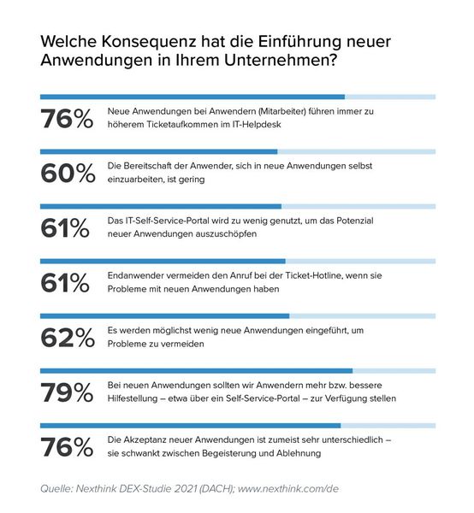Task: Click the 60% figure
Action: (66, 173)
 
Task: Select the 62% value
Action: (66, 337)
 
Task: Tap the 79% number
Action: (66, 392)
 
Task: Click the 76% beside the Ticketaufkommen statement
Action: (66, 118)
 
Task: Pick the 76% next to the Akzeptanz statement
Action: (66, 446)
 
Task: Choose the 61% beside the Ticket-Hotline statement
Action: (66, 282)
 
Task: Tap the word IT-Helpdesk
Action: (260, 125)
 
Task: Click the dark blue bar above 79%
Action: (197, 371)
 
